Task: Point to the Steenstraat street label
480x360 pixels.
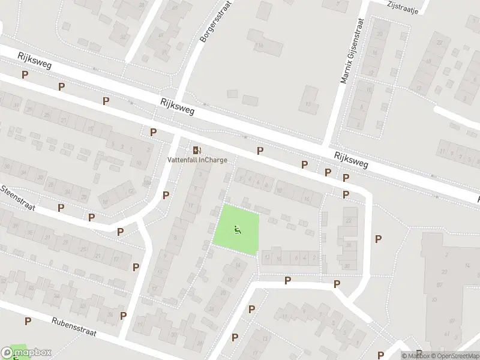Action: tap(18, 198)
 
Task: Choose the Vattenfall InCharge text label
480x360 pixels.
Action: tap(197, 160)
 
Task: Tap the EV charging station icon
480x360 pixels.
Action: tap(197, 149)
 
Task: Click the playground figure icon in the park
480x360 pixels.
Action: tap(238, 229)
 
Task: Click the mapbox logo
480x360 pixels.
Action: tap(26, 353)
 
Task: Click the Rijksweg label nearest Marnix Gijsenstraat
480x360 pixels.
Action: tap(351, 160)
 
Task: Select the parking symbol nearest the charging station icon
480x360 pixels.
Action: tap(154, 132)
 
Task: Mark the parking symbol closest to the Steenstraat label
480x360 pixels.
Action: tap(61, 208)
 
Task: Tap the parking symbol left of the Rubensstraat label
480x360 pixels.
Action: tap(28, 321)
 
